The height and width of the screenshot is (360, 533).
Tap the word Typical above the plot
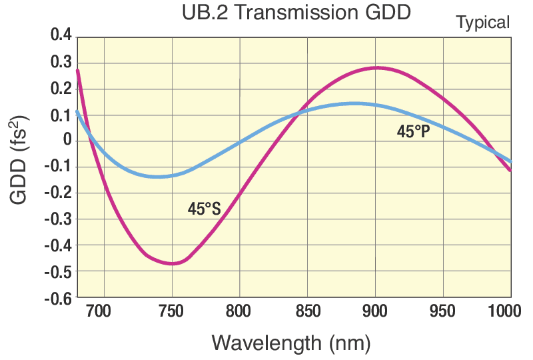pyautogui.click(x=482, y=23)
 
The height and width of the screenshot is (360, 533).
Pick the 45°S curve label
pyautogui.click(x=204, y=209)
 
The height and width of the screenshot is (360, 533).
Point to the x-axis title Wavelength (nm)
pyautogui.click(x=290, y=343)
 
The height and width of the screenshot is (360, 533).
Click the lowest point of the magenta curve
pyautogui.click(x=172, y=264)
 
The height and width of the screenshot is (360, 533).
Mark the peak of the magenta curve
pyautogui.click(x=376, y=67)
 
